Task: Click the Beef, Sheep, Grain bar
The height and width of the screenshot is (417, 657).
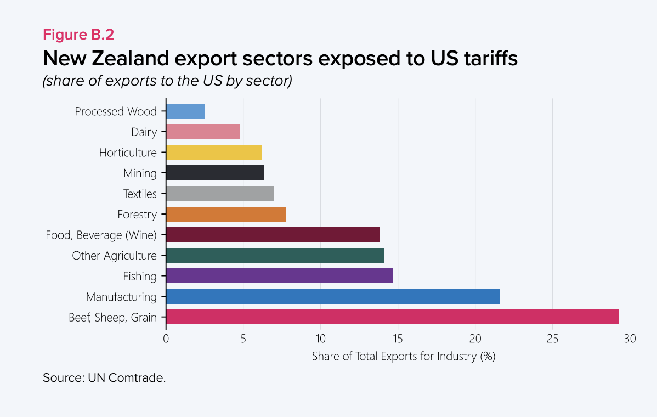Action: coord(392,317)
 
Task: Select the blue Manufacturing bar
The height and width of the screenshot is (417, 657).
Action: coord(332,297)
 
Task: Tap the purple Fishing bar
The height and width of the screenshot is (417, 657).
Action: coord(279,276)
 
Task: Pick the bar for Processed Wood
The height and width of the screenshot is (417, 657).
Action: coord(185,111)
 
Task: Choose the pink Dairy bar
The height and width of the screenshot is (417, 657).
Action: coord(203,132)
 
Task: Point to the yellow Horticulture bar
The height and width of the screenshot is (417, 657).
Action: coord(213,152)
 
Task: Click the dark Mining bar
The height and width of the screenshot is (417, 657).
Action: coord(214,173)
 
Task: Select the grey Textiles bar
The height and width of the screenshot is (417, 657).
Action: coord(219,194)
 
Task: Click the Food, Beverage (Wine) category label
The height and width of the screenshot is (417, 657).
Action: coord(101,235)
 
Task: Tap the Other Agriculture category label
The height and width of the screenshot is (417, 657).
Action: coord(114,256)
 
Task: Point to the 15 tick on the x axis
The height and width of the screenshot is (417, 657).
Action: coord(398,339)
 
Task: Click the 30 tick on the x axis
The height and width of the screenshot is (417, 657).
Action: coord(630,339)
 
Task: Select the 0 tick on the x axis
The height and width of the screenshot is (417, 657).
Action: coord(166,339)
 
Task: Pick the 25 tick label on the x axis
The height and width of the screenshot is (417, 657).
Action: coord(552,339)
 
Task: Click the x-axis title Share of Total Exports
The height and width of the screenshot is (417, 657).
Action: coord(403,356)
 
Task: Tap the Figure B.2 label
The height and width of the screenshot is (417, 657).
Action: coord(78,35)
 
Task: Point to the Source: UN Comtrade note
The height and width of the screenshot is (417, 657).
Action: coord(104,378)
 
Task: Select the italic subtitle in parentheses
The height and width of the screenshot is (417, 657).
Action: coord(167,81)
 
